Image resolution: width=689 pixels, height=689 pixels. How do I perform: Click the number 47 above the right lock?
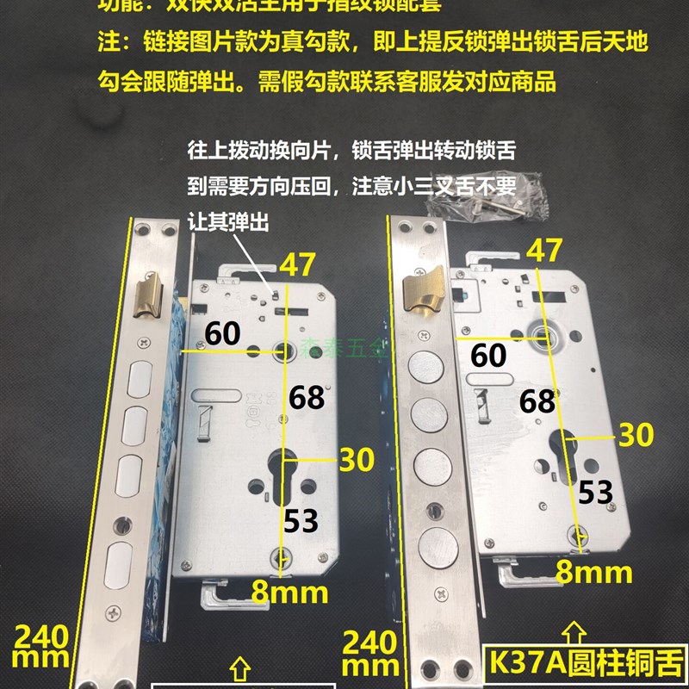tap(544, 250)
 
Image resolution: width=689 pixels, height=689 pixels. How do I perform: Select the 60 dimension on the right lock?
tap(489, 352)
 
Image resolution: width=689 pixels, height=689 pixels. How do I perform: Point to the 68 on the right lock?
tap(537, 400)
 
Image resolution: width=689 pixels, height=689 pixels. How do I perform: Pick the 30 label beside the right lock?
tap(636, 435)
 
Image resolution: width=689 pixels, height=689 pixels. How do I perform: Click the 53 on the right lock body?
tap(595, 492)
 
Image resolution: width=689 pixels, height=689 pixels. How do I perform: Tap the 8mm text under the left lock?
tap(290, 593)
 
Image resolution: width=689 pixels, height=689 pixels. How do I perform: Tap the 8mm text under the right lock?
tap(594, 571)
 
